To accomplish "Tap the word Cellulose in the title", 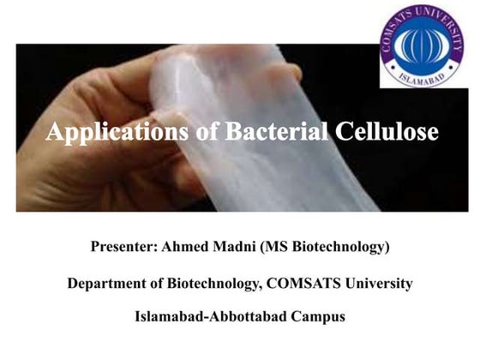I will [x=387, y=133].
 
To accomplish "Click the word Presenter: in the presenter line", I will [x=126, y=248].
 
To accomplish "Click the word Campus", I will [x=315, y=316].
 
